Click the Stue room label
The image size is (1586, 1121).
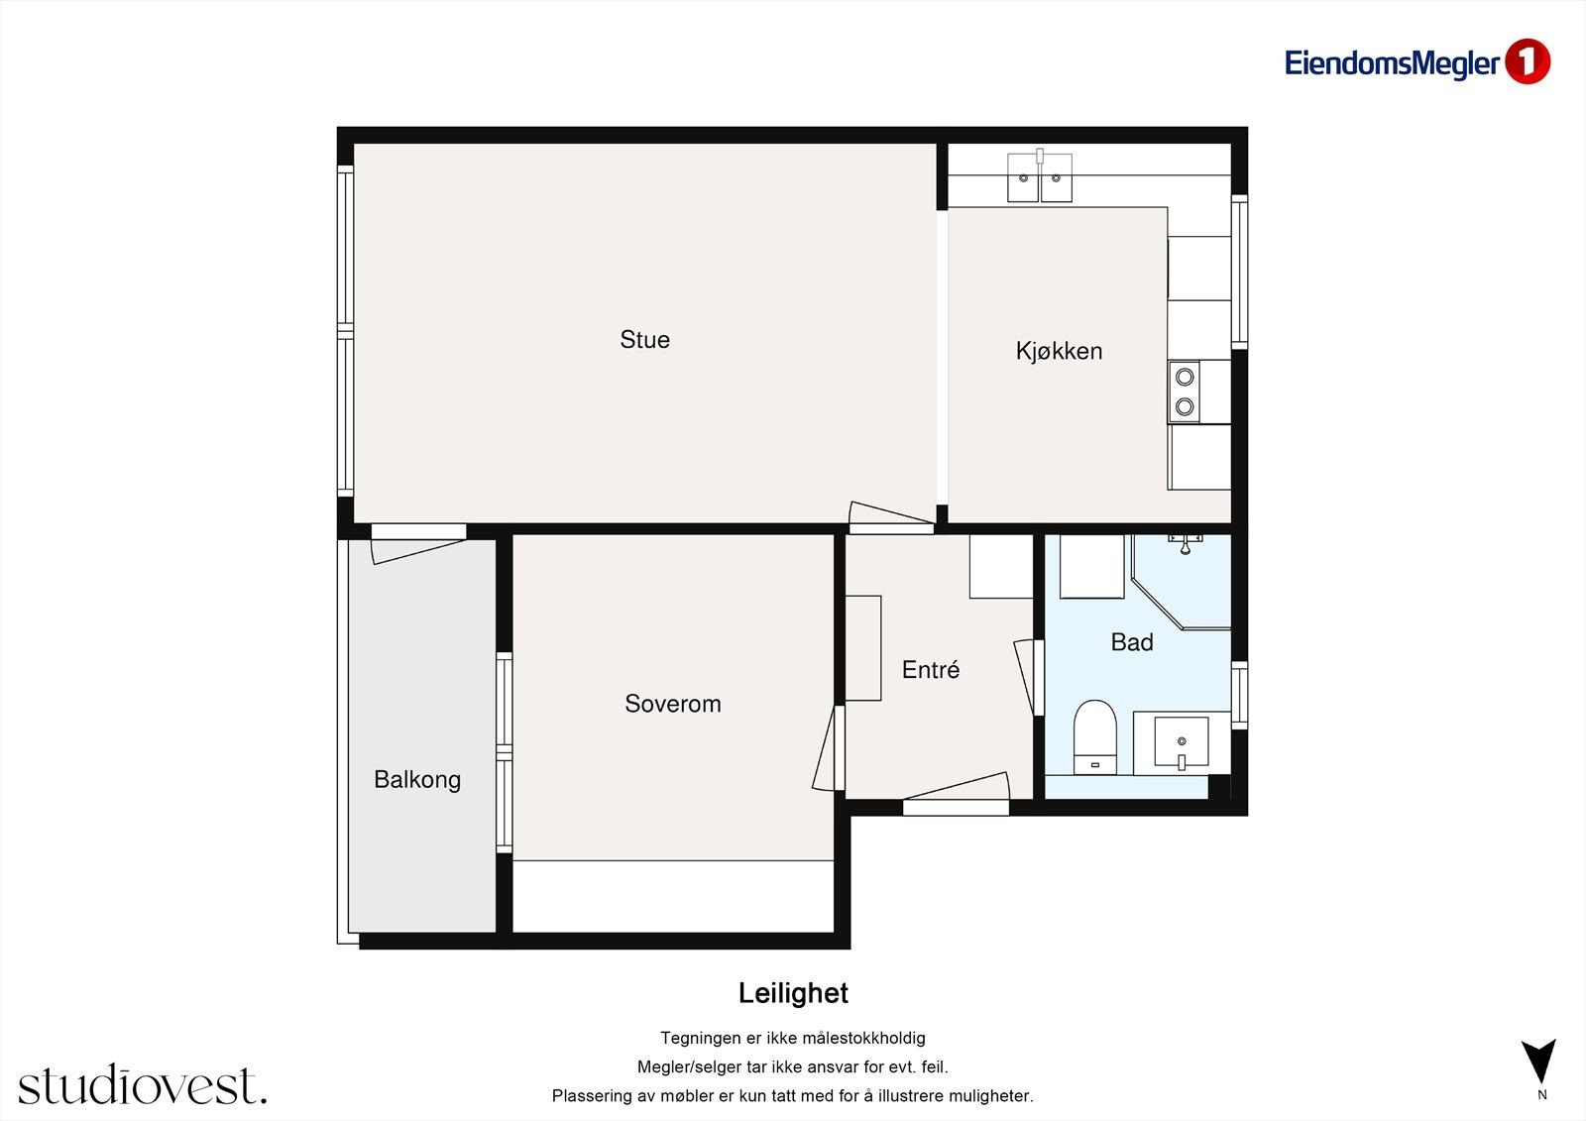644,339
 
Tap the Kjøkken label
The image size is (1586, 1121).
1059,351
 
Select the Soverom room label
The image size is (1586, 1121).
673,703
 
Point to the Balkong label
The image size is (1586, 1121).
417,779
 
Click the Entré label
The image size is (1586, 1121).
931,669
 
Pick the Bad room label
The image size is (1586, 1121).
1131,641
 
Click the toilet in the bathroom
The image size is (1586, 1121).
1094,737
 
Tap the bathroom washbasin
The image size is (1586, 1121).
1181,742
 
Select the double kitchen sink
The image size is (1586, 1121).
1040,176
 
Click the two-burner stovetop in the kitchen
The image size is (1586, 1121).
1184,392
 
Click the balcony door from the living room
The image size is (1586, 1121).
418,544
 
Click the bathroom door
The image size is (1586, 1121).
1029,677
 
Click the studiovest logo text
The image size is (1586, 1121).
143,1084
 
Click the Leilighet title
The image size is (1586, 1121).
793,993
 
